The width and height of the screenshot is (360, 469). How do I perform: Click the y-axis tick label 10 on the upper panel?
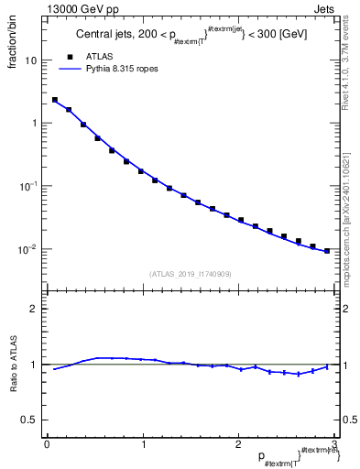[x=31, y=60]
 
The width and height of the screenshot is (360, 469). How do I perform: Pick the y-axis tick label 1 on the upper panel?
[x=34, y=123]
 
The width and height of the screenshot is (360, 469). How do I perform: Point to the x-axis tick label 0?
[x=46, y=444]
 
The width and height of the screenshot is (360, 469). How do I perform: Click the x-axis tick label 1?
[x=142, y=444]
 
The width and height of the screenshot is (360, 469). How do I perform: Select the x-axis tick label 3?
[x=333, y=444]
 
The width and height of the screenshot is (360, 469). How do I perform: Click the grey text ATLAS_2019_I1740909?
[x=191, y=273]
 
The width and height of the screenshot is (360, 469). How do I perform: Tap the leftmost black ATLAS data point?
[x=55, y=100]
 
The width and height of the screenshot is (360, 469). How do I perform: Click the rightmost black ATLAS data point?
[x=327, y=250]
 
